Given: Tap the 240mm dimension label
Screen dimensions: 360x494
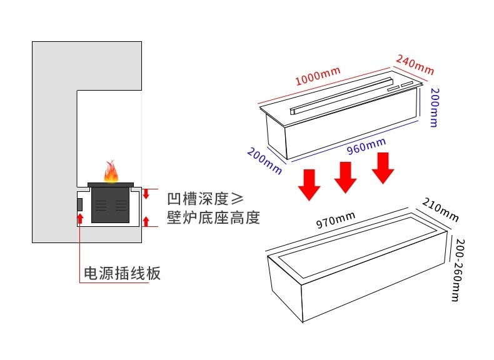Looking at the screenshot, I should (414, 64).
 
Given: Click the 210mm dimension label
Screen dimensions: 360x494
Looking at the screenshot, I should (440, 210).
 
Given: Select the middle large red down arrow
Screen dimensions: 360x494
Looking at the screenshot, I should (345, 177).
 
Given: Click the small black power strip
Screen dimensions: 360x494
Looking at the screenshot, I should (80, 204).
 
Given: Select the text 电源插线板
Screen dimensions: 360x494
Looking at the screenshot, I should (123, 274).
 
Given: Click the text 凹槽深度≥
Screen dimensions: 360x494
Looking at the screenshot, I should (204, 199).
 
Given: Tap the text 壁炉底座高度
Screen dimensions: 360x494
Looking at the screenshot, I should (213, 218).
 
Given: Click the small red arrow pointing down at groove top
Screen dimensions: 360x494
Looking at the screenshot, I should (146, 194).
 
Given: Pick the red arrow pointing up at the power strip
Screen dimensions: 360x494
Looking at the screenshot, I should (80, 219).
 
